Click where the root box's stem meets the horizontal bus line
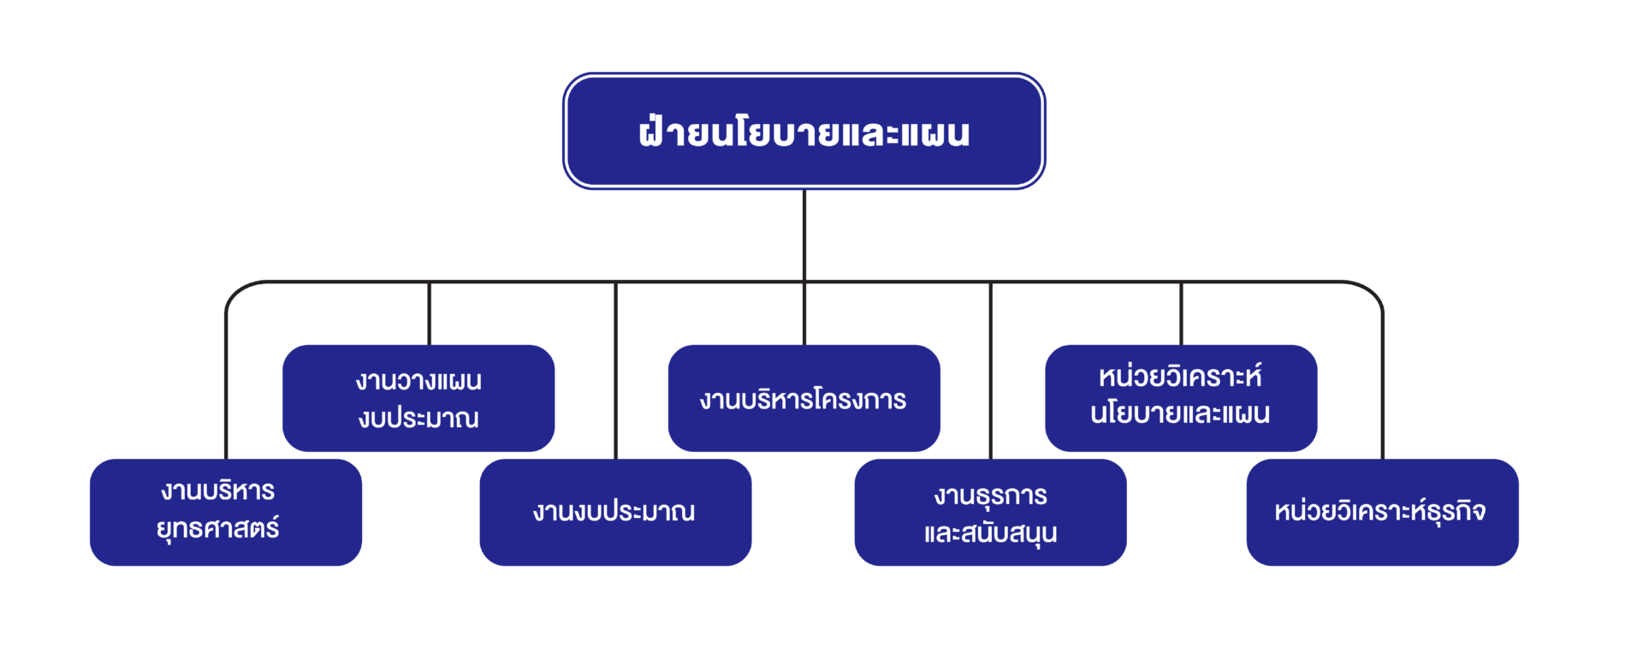(x=804, y=282)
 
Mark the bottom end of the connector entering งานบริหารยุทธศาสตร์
(x=226, y=460)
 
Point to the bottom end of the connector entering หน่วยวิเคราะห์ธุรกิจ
(x=1382, y=460)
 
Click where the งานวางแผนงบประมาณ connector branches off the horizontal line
(x=430, y=282)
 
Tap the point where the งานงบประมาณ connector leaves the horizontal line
(x=616, y=282)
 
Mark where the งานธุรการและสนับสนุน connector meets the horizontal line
(x=991, y=282)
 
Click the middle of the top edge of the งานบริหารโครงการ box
(x=804, y=346)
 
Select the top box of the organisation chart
(x=804, y=131)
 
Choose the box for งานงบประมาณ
(x=616, y=512)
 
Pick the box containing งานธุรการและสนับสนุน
(x=991, y=512)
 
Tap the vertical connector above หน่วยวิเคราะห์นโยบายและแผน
(x=1181, y=313)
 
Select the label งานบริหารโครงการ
(x=803, y=399)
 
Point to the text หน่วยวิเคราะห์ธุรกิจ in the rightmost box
(x=1379, y=511)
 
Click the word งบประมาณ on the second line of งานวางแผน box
(x=418, y=419)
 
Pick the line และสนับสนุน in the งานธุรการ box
(x=990, y=533)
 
